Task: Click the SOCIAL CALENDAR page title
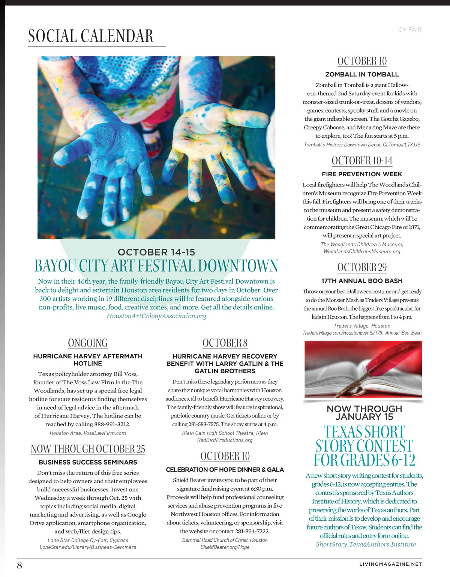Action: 91,36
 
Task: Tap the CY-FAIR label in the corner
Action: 409,29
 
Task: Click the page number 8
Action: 19,565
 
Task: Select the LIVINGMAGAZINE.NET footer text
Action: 390,564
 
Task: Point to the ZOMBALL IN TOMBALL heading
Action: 362,74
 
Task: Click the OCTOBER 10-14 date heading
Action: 362,161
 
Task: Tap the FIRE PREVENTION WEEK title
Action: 362,174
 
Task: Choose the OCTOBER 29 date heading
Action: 362,267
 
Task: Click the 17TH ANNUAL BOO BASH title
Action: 362,281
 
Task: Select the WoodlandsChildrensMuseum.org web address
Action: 362,251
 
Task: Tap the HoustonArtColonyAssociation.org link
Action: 156,316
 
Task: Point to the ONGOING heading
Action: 88,343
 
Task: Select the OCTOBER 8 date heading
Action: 225,343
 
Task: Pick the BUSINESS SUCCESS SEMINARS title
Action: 88,462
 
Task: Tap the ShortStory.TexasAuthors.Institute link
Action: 366,544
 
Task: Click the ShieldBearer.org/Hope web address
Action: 225,547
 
